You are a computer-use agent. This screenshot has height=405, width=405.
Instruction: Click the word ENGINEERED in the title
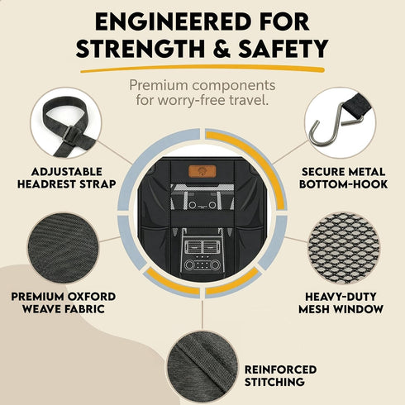point(173,21)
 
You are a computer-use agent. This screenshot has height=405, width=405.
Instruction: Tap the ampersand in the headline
point(219,49)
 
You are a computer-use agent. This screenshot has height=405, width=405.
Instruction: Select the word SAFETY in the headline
point(283,49)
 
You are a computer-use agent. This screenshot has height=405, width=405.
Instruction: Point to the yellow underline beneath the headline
point(202,68)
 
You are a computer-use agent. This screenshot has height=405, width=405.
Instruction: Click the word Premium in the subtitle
point(160,86)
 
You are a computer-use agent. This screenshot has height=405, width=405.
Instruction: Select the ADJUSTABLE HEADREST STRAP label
point(66,178)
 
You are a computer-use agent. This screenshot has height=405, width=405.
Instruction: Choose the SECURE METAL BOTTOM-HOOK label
point(344,178)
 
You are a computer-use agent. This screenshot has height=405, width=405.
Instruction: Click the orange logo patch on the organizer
point(202,171)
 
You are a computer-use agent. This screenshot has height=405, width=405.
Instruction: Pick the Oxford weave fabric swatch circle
point(63,248)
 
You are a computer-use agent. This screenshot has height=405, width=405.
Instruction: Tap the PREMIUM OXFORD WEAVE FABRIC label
point(64,303)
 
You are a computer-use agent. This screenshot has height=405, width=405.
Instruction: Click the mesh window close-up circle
point(343,248)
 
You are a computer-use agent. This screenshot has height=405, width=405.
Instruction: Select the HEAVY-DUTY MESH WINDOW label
point(341,303)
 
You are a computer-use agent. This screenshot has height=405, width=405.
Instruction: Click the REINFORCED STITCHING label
point(280,376)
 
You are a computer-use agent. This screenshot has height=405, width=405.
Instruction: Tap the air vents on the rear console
point(202,246)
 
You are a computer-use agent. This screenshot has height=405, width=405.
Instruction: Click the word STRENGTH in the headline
point(141,49)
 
